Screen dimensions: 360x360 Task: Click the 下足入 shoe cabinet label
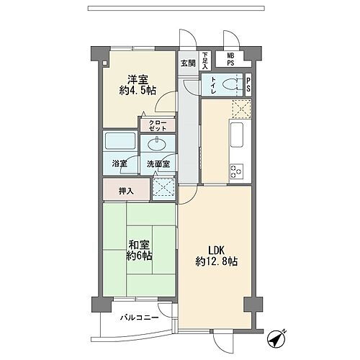pyautogui.click(x=205, y=58)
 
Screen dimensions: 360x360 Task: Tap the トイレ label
pyautogui.click(x=214, y=85)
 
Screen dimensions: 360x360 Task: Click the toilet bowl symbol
pyautogui.click(x=233, y=84)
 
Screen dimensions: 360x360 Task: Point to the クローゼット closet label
pyautogui.click(x=158, y=125)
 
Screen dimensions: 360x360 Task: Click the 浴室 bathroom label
pyautogui.click(x=120, y=164)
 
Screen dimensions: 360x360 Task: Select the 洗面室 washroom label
pyautogui.click(x=158, y=164)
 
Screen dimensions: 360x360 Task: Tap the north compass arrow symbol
pyautogui.click(x=277, y=337)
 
